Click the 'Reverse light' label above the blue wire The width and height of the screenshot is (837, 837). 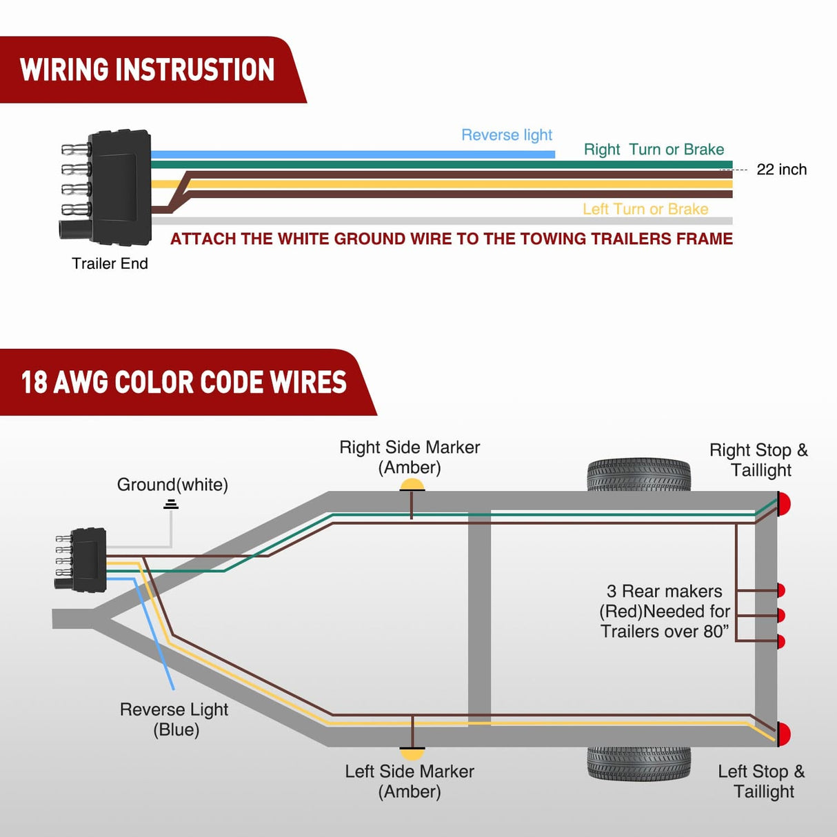[x=507, y=135]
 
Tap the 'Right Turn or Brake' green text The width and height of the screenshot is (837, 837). [x=654, y=150]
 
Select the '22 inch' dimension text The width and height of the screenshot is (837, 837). [x=781, y=170]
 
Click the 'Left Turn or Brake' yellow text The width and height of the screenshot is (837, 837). [x=645, y=209]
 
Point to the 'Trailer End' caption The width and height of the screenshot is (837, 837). [x=110, y=263]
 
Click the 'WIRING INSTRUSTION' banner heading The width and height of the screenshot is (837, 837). [x=147, y=70]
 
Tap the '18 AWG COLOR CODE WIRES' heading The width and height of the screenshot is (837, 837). [x=183, y=382]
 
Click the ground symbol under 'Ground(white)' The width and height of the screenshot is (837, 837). [x=171, y=505]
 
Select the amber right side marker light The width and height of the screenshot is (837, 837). [x=412, y=485]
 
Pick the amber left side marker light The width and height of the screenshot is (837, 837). [x=412, y=753]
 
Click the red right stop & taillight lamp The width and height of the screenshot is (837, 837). [x=784, y=504]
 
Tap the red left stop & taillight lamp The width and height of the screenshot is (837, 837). [x=784, y=734]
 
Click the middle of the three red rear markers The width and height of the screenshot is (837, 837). [x=780, y=615]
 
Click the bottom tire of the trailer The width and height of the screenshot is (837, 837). [x=638, y=763]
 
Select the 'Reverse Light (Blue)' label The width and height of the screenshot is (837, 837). [x=174, y=719]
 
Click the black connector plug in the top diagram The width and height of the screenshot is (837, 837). [x=119, y=187]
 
